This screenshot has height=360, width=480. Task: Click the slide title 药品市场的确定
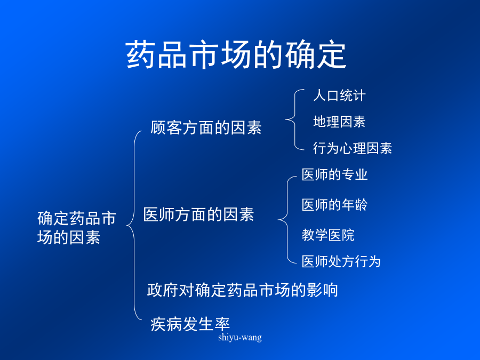click(236, 55)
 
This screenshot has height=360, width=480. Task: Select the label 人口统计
click(339, 95)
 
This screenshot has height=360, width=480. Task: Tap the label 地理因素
click(339, 122)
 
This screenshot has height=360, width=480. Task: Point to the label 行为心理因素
click(353, 148)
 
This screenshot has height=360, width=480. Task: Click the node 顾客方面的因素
click(206, 127)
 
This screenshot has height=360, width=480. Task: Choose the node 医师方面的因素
click(199, 214)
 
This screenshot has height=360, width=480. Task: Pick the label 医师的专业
click(334, 174)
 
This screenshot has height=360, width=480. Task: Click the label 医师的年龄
click(334, 204)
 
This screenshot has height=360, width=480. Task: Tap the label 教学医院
click(328, 235)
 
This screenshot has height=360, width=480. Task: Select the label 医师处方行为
click(341, 261)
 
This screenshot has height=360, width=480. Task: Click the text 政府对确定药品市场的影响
click(243, 290)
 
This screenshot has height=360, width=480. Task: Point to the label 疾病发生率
click(190, 324)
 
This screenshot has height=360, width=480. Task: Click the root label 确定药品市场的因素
click(76, 227)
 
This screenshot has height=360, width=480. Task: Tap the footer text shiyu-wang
click(240, 338)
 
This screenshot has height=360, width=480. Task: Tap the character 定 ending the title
click(332, 55)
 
